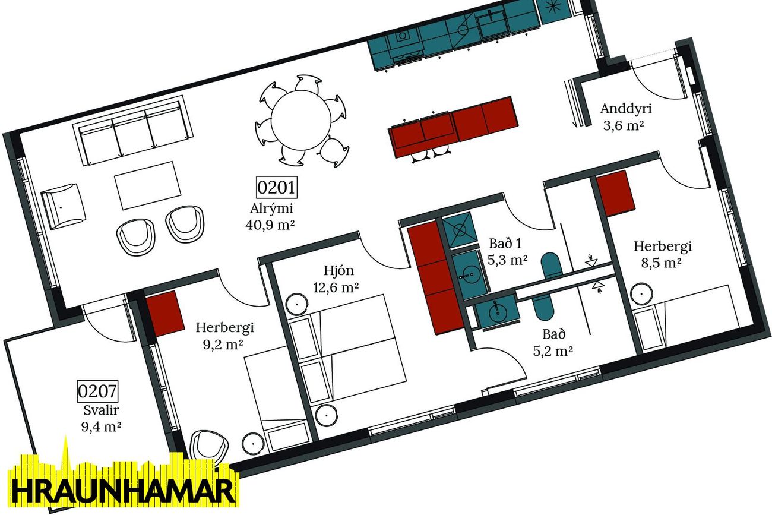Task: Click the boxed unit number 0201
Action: point(276,188)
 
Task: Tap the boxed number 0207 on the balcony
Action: point(97,391)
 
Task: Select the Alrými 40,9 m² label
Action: point(271,216)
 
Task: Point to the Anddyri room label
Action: point(625,109)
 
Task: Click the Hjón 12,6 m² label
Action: point(336,279)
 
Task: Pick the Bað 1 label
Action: point(505,244)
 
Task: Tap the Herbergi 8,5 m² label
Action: point(662,254)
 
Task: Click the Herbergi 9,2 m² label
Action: point(224,336)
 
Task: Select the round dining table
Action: point(301,120)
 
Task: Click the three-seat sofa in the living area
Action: point(133,130)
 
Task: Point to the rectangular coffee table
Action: point(148,185)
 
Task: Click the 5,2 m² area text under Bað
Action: point(553,351)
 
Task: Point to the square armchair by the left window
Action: point(64,207)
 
